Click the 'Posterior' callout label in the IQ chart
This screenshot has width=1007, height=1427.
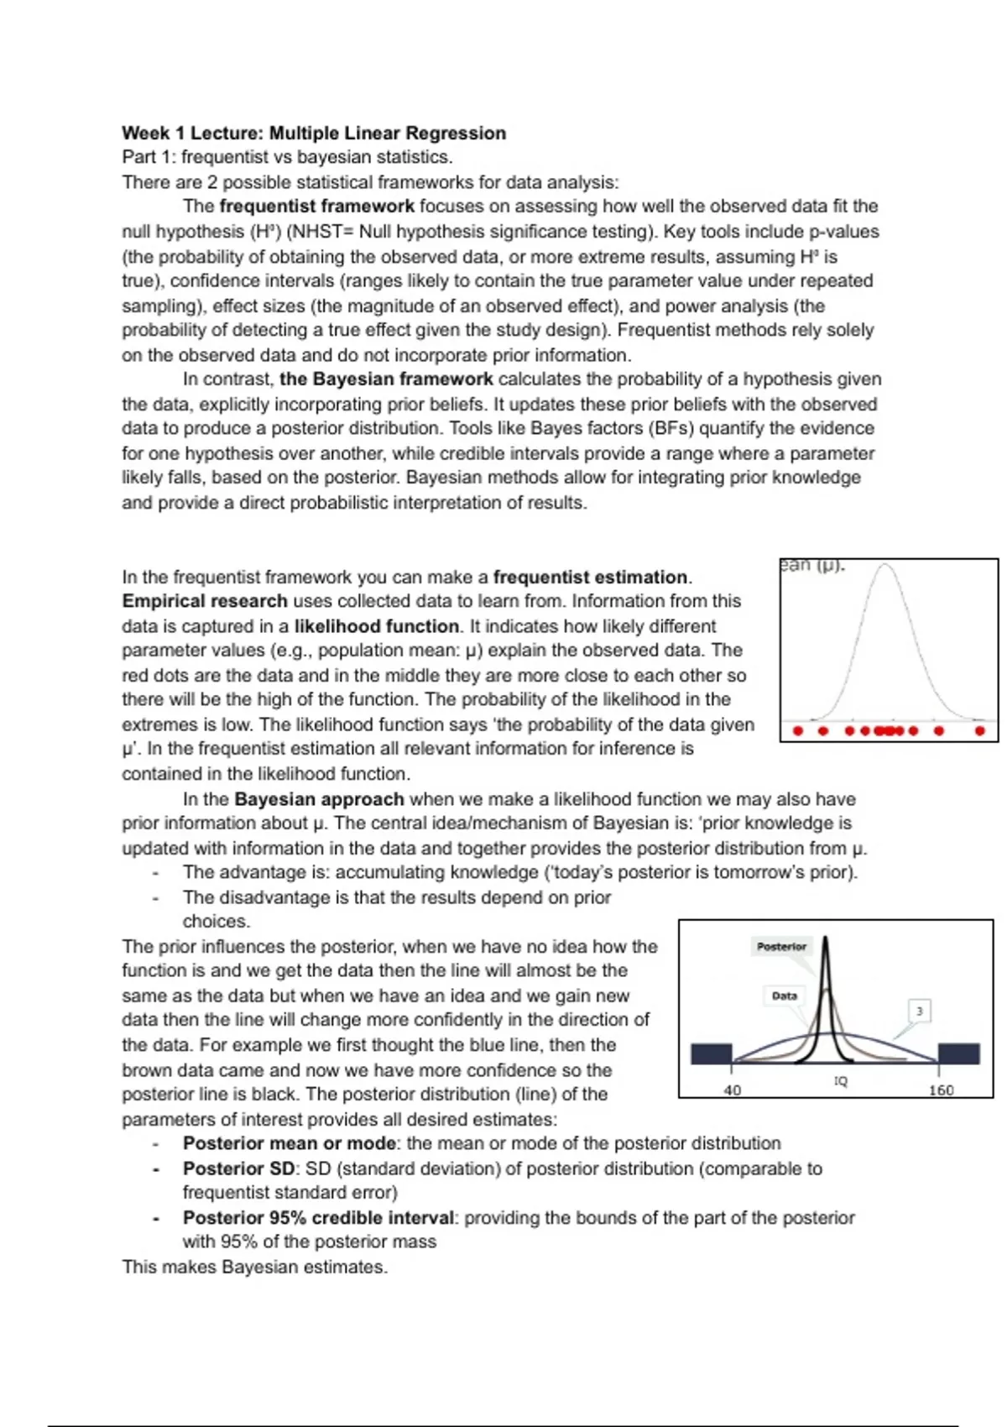(x=781, y=947)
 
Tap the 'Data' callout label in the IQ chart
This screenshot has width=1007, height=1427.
(x=784, y=996)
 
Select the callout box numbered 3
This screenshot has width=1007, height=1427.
(x=920, y=1011)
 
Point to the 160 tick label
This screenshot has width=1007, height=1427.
(x=942, y=1090)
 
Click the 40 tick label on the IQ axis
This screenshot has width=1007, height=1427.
(x=732, y=1090)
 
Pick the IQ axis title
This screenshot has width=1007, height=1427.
(x=840, y=1081)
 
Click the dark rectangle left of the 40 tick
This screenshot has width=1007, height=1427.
(x=711, y=1054)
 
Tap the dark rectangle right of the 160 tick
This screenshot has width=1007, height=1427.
(x=958, y=1054)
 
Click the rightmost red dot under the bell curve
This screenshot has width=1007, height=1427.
(x=979, y=731)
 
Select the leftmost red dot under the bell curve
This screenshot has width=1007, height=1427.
(x=797, y=731)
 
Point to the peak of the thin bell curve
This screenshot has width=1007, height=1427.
(x=886, y=566)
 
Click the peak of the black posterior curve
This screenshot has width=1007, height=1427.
(x=827, y=938)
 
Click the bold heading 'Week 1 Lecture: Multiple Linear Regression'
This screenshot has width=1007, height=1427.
(x=314, y=133)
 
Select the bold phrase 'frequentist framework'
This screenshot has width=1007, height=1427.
(x=316, y=206)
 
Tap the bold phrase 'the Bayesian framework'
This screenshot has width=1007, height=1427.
(x=386, y=379)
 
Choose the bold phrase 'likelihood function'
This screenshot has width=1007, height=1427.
(x=376, y=626)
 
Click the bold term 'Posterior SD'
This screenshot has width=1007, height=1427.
(x=238, y=1168)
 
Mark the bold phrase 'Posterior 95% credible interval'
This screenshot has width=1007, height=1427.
(x=319, y=1218)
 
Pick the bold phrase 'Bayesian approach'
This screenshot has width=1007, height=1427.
(x=319, y=799)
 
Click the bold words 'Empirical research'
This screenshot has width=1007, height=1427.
(x=204, y=601)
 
